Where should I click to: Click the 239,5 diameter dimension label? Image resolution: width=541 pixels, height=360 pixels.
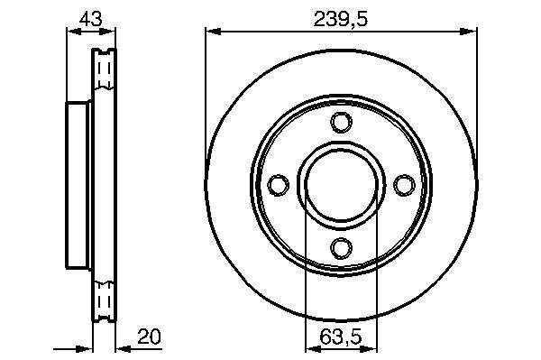(341, 19)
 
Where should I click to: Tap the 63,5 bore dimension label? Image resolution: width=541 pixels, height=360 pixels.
(341, 337)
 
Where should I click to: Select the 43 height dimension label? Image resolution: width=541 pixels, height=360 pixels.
(91, 19)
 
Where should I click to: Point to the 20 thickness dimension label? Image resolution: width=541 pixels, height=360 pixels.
(149, 337)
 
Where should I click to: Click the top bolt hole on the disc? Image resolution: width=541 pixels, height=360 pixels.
(342, 122)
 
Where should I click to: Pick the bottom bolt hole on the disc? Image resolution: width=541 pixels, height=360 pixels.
(342, 248)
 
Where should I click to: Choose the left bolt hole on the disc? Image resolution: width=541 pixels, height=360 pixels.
(278, 185)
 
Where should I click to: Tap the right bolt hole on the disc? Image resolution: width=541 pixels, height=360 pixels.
(404, 185)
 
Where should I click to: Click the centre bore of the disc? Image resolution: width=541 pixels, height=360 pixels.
(342, 185)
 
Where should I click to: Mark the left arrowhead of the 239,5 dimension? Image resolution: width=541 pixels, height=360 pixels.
(213, 32)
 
